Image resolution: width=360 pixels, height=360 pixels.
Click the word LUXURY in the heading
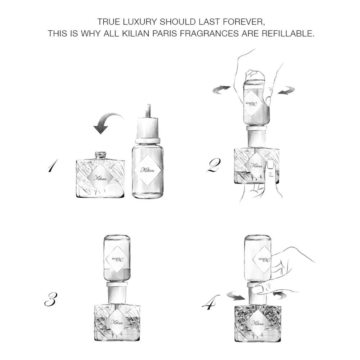click(140, 22)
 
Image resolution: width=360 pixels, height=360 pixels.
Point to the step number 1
click(53, 165)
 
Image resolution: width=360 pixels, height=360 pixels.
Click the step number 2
click(213, 165)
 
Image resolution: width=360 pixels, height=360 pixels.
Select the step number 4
click(211, 302)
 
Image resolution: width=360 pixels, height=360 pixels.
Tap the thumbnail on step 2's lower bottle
click(270, 165)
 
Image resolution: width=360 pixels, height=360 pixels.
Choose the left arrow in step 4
click(236, 296)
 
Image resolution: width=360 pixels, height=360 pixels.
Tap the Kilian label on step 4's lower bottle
click(257, 323)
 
